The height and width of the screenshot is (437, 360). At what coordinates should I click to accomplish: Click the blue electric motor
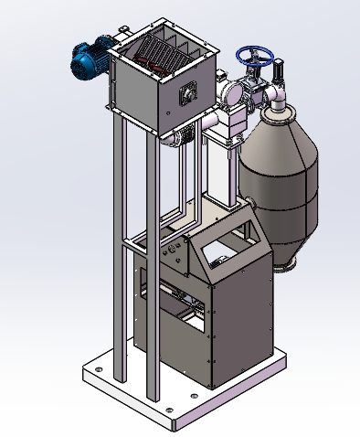click(x=90, y=59)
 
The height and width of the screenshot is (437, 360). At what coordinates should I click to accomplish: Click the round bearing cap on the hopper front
click(x=189, y=93)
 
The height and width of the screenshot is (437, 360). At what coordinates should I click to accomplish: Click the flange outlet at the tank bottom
click(x=284, y=266)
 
